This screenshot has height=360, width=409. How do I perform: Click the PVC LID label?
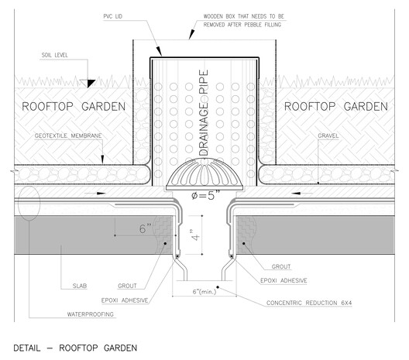112,16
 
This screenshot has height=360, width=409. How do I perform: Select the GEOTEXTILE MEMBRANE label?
68,135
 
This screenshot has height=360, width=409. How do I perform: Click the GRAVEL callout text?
328,135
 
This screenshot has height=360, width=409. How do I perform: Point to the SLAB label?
80,286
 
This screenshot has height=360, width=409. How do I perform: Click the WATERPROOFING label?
91,314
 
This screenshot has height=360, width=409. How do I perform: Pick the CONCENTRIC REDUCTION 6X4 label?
309,303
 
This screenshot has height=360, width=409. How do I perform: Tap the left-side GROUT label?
127,286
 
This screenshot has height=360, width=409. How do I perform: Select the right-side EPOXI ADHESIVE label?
284,281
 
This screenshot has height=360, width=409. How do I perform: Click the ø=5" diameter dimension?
205,195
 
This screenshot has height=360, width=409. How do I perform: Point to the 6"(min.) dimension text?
204,291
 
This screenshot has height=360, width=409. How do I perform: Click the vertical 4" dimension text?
195,235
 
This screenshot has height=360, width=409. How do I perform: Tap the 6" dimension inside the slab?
145,228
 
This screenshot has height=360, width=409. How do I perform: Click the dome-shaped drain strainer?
204,175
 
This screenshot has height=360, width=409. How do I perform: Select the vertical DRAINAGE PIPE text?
204,112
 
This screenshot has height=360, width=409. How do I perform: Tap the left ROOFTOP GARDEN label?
74,107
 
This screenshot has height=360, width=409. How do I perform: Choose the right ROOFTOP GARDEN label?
336,107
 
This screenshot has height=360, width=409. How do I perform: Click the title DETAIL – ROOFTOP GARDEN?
75,348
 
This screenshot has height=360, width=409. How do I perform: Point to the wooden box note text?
244,21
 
